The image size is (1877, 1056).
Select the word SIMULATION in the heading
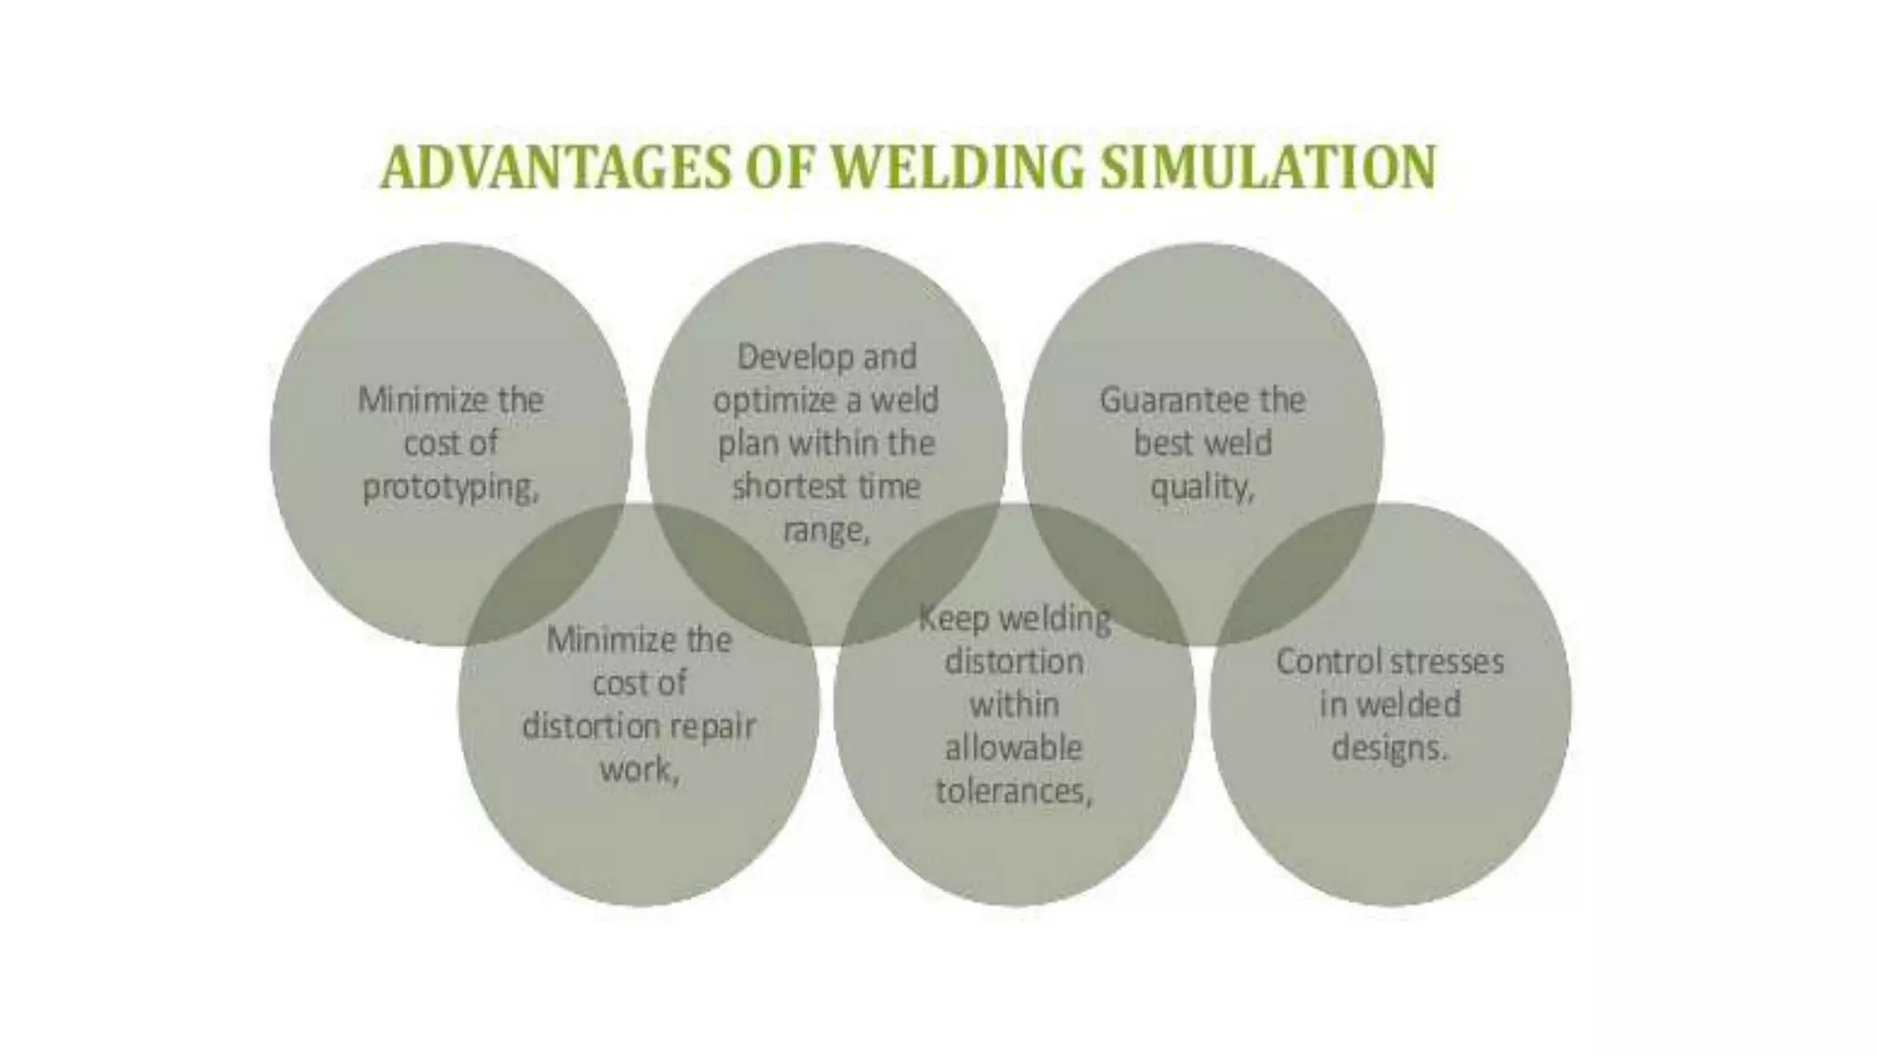1268,168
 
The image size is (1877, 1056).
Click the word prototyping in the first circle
450,488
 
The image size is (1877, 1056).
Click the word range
825,531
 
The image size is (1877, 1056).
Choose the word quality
1202,488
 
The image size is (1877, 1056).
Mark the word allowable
1014,748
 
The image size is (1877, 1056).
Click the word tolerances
1014,791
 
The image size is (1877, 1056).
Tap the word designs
1389,748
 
